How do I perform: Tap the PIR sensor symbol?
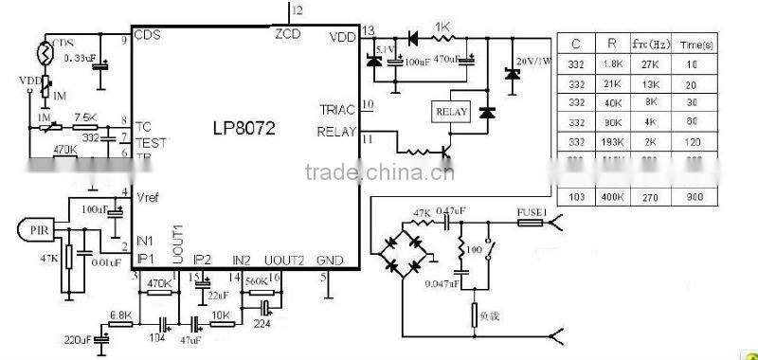[37, 228]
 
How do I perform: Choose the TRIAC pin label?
[338, 110]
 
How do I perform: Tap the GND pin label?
[329, 260]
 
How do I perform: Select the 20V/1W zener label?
[533, 62]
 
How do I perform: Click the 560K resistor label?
[257, 281]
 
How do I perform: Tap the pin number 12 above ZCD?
[298, 9]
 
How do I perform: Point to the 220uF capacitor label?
[78, 337]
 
